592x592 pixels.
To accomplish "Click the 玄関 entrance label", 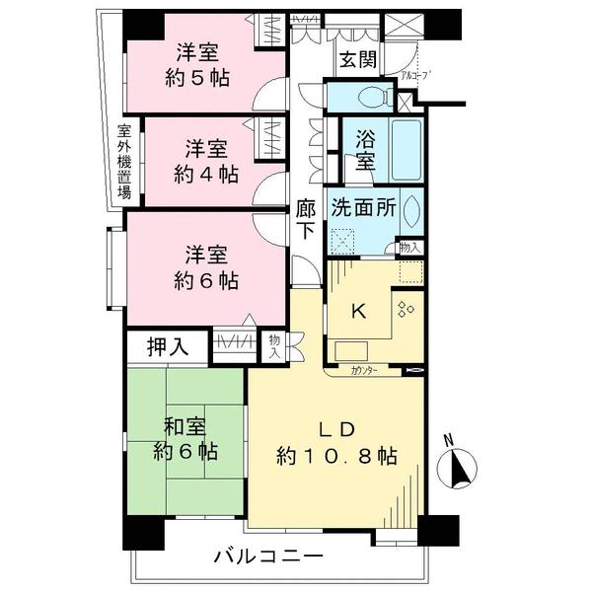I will pos(358,59).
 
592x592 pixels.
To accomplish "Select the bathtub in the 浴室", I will pos(405,148).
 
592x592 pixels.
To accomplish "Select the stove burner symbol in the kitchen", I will pos(405,309).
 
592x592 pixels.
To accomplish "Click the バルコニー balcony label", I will pos(268,557).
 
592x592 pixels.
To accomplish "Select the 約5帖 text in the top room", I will pos(197,78).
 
